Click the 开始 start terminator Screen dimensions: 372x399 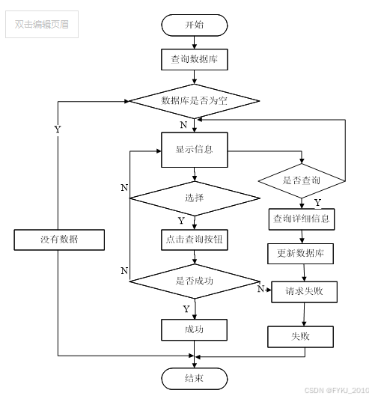pyautogui.click(x=195, y=25)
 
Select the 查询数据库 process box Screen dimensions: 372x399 pyautogui.click(x=195, y=60)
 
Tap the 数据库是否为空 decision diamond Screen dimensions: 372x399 pyautogui.click(x=195, y=101)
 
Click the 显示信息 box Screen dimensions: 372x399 pyautogui.click(x=195, y=150)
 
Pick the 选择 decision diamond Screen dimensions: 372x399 pyautogui.click(x=195, y=198)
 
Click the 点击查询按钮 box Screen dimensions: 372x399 pyautogui.click(x=195, y=240)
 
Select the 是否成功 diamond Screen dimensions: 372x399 pyautogui.click(x=195, y=281)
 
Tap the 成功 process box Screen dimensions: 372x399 pyautogui.click(x=194, y=330)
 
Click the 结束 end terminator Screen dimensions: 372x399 pyautogui.click(x=195, y=379)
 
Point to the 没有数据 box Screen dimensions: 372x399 pyautogui.click(x=59, y=240)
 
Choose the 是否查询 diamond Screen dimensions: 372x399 pyautogui.click(x=302, y=181)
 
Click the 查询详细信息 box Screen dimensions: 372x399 pyautogui.click(x=302, y=219)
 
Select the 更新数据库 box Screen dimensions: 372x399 pyautogui.click(x=300, y=254)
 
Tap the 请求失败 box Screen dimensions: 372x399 pyautogui.click(x=305, y=292)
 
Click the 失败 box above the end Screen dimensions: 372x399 pyautogui.click(x=300, y=337)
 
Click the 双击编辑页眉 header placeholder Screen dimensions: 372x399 pyautogui.click(x=42, y=25)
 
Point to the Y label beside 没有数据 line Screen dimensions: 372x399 pyautogui.click(x=58, y=130)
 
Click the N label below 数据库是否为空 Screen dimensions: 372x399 pyautogui.click(x=183, y=125)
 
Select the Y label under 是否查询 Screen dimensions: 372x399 pyautogui.click(x=317, y=203)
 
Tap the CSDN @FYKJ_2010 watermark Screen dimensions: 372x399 pyautogui.click(x=337, y=390)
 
